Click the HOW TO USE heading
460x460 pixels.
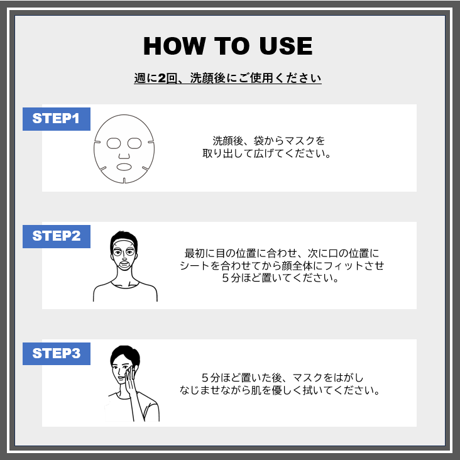(228, 46)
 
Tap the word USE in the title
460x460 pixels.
(286, 46)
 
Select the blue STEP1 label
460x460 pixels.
(57, 119)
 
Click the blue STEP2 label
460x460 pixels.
(57, 236)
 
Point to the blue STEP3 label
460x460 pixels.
(57, 354)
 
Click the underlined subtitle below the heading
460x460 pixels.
(227, 79)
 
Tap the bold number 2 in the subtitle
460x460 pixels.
(162, 79)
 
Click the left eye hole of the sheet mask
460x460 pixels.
(114, 143)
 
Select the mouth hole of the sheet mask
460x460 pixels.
(124, 167)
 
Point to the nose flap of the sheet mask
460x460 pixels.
(124, 156)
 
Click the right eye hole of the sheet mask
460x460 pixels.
(134, 143)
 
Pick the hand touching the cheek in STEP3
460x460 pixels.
(131, 378)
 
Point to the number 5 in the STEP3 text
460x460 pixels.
(205, 378)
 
